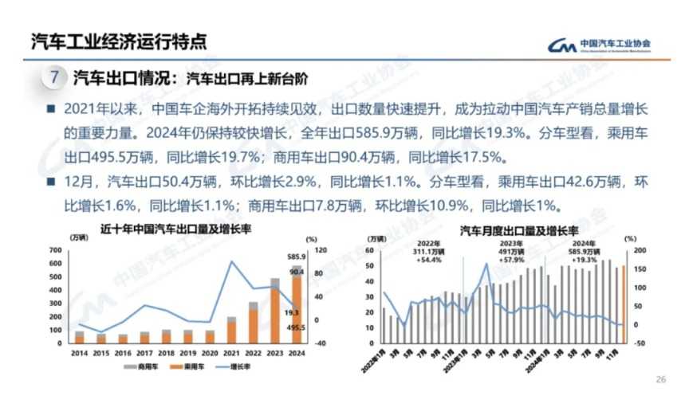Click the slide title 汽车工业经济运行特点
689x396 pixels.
(x=118, y=40)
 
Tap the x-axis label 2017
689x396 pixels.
(x=144, y=351)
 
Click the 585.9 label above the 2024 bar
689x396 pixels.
(x=296, y=257)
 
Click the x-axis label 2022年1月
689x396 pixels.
(x=378, y=355)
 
